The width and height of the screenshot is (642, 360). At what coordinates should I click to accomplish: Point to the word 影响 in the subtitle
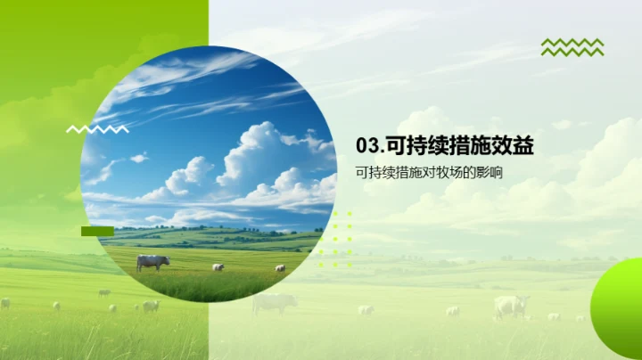[x=490, y=172]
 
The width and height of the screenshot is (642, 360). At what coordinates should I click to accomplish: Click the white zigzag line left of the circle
[x=97, y=129]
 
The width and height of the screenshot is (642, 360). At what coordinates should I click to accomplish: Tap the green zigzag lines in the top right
[x=572, y=47]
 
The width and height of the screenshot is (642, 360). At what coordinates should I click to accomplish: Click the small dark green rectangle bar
[x=97, y=231]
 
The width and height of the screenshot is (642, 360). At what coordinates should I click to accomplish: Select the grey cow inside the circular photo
[x=152, y=262]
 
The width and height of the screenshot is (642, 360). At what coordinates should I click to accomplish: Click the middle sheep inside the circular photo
[x=218, y=266]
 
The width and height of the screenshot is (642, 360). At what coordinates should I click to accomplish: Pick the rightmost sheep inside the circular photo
[x=280, y=267]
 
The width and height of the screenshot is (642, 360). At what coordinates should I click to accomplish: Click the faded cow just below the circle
[x=274, y=303]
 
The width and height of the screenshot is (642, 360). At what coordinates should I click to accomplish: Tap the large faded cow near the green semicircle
[x=511, y=306]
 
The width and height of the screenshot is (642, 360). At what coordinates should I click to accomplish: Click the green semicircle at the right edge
[x=618, y=299]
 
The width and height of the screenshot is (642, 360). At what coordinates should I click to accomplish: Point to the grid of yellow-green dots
[x=335, y=239]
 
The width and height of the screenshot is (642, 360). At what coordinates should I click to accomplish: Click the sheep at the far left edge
[x=5, y=303]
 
